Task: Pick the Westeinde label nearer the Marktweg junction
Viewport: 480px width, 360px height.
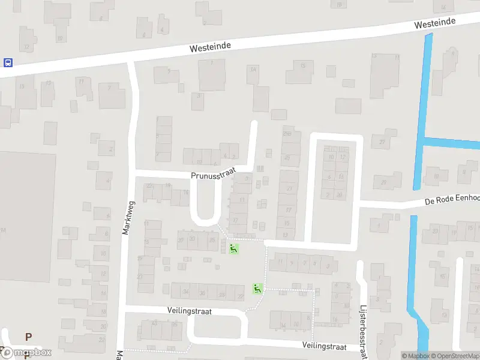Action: click(x=210, y=46)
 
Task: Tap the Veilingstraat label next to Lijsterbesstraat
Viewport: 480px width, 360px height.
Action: click(x=325, y=347)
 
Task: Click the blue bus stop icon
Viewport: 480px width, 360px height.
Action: click(x=8, y=62)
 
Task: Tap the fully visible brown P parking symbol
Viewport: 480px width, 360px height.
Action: click(x=28, y=337)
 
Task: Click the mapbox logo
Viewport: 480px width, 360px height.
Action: click(x=26, y=353)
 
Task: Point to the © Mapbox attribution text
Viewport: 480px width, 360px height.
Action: click(x=415, y=356)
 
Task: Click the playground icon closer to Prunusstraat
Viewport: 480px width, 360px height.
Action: click(x=233, y=248)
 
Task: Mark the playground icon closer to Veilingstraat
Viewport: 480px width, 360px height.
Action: click(x=257, y=289)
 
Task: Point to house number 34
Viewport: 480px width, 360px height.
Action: click(x=186, y=292)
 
